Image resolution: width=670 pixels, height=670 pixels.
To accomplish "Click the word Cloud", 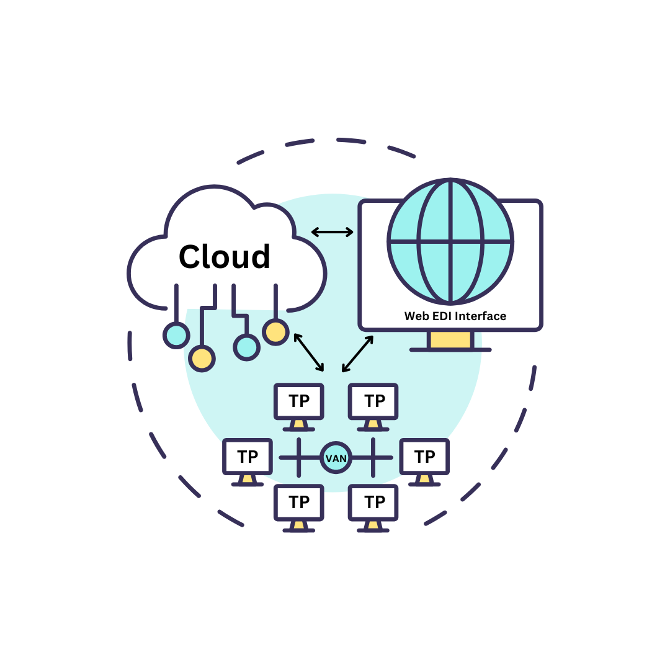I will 225,257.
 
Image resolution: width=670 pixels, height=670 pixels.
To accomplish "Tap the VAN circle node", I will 336,458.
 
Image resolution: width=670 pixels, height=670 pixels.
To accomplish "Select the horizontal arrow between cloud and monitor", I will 332,232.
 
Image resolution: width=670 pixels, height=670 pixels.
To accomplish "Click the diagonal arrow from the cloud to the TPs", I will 308,352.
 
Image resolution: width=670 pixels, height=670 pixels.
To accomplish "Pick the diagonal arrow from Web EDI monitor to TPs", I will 357,354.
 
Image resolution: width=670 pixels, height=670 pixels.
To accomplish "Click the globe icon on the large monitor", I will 450,241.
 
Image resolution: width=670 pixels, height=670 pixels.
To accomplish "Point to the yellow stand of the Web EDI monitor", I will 450,340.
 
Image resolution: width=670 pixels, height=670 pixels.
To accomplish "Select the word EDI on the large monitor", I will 441,316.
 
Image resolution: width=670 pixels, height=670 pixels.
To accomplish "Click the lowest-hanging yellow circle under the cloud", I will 202,358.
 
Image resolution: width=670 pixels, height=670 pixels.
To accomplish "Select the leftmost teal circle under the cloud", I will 176,335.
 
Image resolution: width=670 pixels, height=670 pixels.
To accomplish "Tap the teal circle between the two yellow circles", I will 246,347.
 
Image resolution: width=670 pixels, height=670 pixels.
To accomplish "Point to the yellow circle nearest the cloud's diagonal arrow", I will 275,331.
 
